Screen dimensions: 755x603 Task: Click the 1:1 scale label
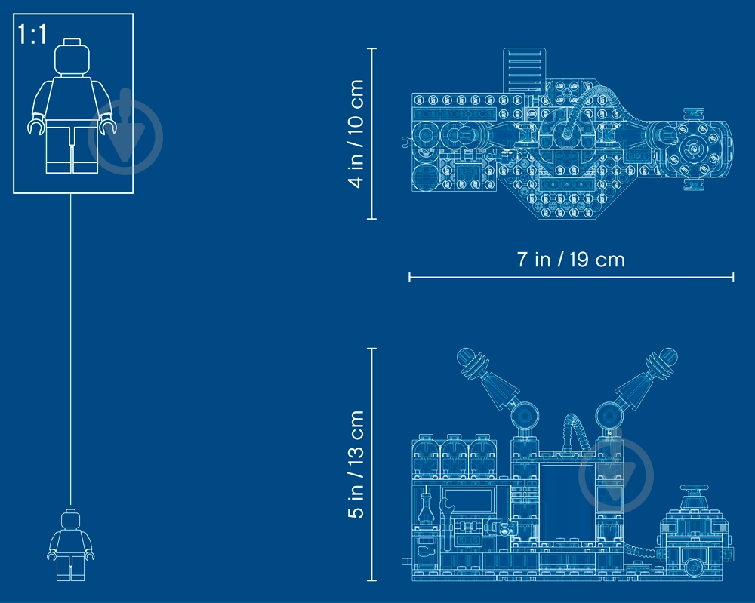pos(32,34)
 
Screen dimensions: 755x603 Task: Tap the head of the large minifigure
pos(72,57)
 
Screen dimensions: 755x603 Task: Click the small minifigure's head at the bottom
pos(71,520)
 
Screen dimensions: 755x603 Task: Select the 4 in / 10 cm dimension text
pos(356,134)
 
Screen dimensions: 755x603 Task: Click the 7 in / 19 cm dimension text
pos(571,260)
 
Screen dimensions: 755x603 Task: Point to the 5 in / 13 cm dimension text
pos(356,464)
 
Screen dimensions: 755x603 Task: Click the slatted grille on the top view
pos(525,69)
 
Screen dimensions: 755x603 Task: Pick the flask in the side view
pos(426,508)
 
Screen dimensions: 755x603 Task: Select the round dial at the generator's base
pos(693,567)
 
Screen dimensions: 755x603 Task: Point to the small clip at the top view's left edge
pos(406,141)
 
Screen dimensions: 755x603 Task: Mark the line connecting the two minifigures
pos(71,351)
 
